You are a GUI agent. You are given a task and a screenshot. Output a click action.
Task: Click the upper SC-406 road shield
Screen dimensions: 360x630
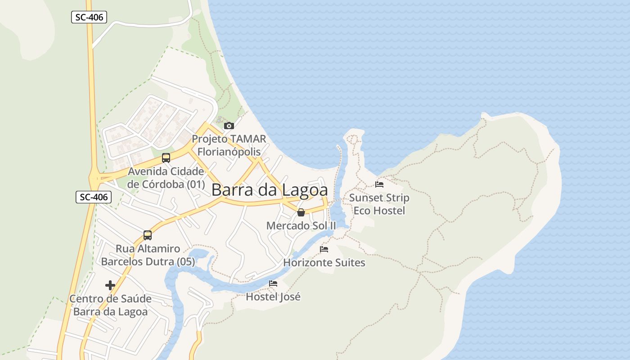(x=89, y=18)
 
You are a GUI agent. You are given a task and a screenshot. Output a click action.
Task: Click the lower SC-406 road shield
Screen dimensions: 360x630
(x=93, y=197)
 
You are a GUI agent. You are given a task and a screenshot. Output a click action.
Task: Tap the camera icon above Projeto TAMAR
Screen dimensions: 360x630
(x=229, y=126)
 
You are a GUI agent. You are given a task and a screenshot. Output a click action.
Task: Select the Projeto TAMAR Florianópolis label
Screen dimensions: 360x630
(x=229, y=145)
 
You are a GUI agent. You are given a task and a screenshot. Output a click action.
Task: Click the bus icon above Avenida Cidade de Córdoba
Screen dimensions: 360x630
(x=166, y=157)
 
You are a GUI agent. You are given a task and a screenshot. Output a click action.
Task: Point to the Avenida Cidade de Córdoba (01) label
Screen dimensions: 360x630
(x=166, y=178)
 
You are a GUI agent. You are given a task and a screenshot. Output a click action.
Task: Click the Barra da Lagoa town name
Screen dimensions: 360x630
(x=270, y=190)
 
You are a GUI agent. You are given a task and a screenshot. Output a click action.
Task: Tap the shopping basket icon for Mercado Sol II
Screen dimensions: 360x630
(x=301, y=212)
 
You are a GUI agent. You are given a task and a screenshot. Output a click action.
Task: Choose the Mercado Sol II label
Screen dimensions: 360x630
(x=301, y=225)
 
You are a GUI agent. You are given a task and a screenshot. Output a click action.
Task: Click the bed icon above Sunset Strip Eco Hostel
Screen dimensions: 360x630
(x=379, y=184)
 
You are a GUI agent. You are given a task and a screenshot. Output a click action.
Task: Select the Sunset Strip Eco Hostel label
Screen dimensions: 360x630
(x=379, y=204)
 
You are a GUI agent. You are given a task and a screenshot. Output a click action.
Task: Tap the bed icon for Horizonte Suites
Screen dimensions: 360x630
(x=324, y=249)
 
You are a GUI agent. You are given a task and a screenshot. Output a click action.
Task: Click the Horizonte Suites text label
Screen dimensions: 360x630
(x=324, y=262)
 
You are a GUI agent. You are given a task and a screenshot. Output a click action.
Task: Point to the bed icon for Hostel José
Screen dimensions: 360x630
(x=273, y=283)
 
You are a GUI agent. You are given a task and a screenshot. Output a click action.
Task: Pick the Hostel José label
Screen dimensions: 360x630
(x=273, y=297)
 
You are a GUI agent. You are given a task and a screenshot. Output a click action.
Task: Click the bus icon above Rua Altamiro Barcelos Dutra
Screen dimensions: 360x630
(x=148, y=235)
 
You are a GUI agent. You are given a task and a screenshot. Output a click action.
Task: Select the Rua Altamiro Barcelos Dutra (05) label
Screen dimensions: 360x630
(x=148, y=255)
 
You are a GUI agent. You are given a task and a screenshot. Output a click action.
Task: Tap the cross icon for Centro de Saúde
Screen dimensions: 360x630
(x=110, y=285)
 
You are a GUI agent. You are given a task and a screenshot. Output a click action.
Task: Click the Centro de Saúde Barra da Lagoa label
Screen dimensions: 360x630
(x=110, y=305)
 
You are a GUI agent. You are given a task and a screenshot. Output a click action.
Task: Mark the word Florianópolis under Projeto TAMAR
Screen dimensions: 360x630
(x=229, y=152)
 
